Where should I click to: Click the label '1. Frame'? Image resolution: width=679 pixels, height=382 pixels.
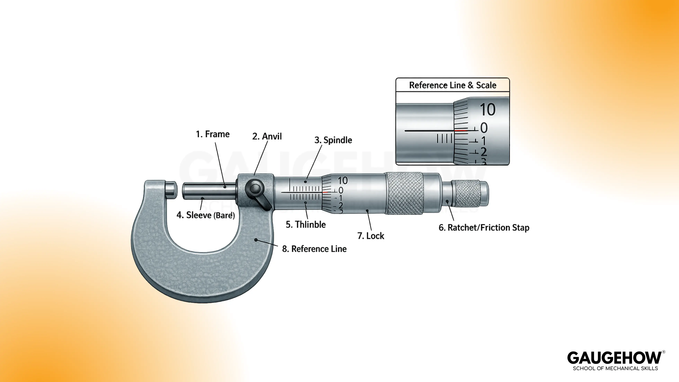tap(213, 134)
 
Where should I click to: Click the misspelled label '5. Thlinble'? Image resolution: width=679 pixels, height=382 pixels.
tap(306, 225)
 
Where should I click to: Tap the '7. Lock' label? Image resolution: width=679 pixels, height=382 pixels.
tap(371, 236)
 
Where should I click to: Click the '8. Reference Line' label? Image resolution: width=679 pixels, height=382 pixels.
tap(314, 249)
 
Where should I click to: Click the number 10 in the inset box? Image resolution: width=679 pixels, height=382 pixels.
tap(487, 109)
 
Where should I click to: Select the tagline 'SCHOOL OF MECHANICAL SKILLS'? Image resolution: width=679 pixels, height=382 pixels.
tap(615, 368)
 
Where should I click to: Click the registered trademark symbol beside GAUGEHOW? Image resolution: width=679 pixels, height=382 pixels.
tap(664, 352)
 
